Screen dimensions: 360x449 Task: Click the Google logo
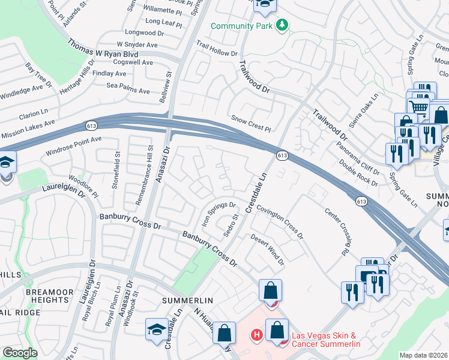point(20,353)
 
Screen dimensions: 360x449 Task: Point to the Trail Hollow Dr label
point(216,53)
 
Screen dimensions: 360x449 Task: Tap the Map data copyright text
point(424,355)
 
